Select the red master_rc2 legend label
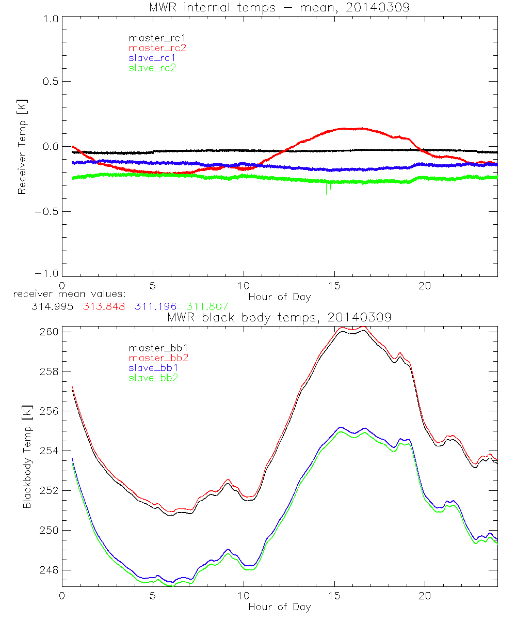tap(157, 48)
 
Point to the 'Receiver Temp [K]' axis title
tap(22, 146)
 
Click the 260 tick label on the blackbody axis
tap(48, 331)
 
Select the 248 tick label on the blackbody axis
tap(48, 570)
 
